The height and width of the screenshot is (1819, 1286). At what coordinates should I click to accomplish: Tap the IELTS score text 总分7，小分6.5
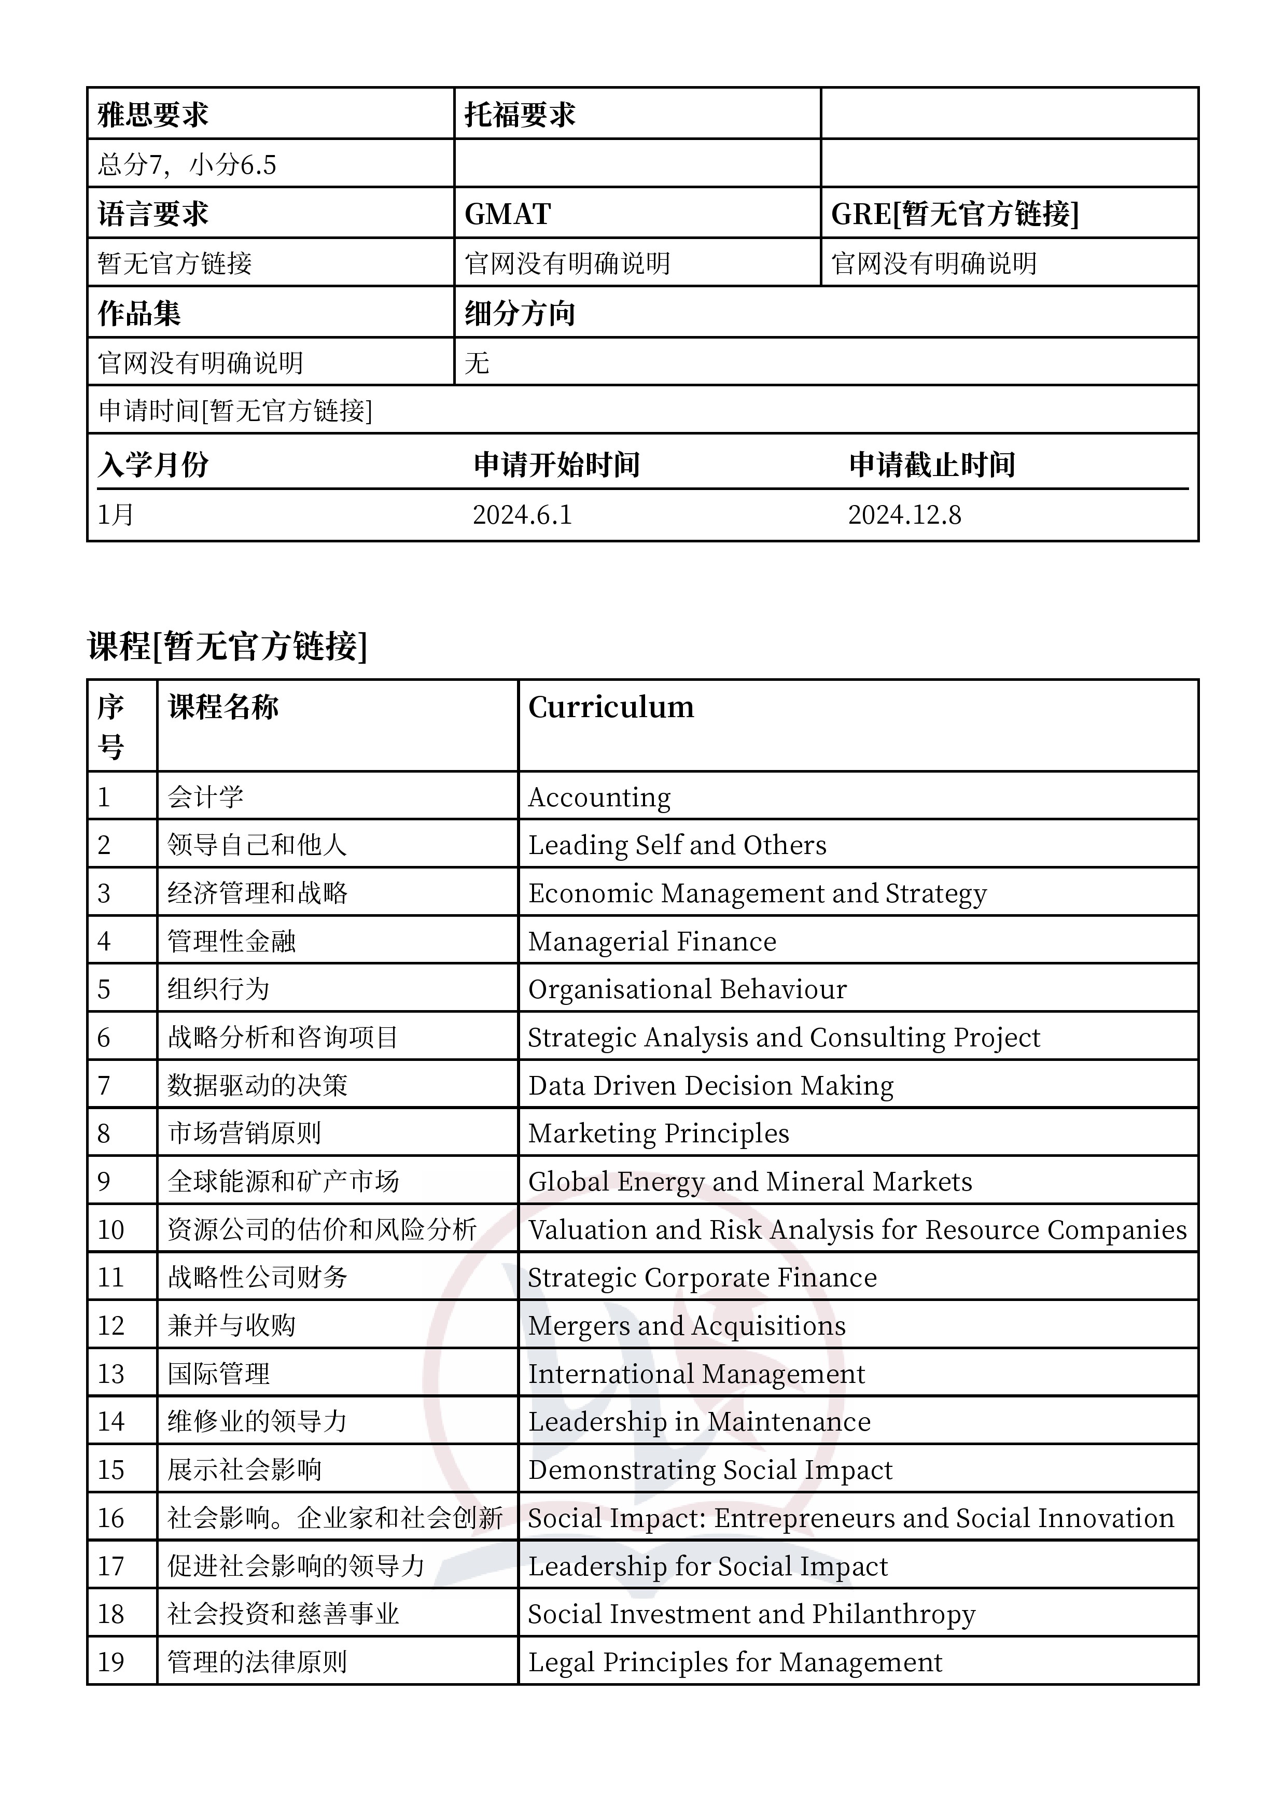pyautogui.click(x=187, y=165)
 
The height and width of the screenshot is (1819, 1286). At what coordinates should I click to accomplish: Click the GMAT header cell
pyautogui.click(x=508, y=214)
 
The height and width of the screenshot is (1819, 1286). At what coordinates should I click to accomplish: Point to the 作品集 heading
pyautogui.click(x=139, y=314)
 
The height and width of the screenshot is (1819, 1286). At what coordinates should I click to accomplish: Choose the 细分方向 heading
pyautogui.click(x=520, y=314)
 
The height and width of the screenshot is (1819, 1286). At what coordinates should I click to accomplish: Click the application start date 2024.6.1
pyautogui.click(x=522, y=515)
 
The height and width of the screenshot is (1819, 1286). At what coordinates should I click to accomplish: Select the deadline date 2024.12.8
pyautogui.click(x=905, y=515)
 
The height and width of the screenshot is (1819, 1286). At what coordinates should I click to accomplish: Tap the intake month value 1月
pyautogui.click(x=116, y=515)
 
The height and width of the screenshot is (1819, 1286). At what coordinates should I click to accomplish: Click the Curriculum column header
pyautogui.click(x=611, y=707)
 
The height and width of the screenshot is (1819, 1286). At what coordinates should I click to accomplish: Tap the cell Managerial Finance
pyautogui.click(x=652, y=941)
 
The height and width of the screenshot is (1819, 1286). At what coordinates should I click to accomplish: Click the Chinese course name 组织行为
pyautogui.click(x=219, y=989)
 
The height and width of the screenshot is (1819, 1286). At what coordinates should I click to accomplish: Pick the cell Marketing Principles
pyautogui.click(x=659, y=1134)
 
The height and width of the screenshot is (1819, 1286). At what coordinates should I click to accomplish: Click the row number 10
pyautogui.click(x=111, y=1229)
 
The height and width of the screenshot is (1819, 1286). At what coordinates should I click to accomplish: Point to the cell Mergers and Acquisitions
pyautogui.click(x=687, y=1325)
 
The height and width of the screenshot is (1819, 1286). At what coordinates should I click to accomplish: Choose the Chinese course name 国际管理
pyautogui.click(x=219, y=1374)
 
